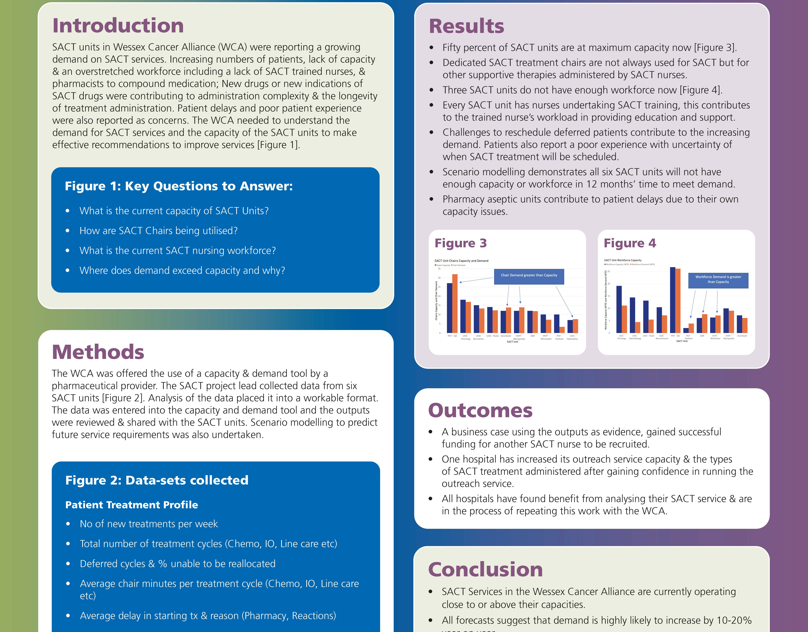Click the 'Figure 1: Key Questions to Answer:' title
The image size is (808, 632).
pyautogui.click(x=179, y=186)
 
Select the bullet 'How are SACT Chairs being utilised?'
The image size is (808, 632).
pyautogui.click(x=158, y=231)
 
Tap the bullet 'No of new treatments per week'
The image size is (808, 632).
pyautogui.click(x=149, y=524)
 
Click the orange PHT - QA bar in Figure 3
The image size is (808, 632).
pyautogui.click(x=455, y=303)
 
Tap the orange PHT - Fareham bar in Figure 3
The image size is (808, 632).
pyautogui.click(x=562, y=330)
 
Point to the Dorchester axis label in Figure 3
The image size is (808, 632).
pyautogui.click(x=506, y=336)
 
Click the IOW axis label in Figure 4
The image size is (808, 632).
pyautogui.click(x=702, y=336)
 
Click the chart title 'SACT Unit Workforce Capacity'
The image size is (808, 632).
pyautogui.click(x=623, y=260)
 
